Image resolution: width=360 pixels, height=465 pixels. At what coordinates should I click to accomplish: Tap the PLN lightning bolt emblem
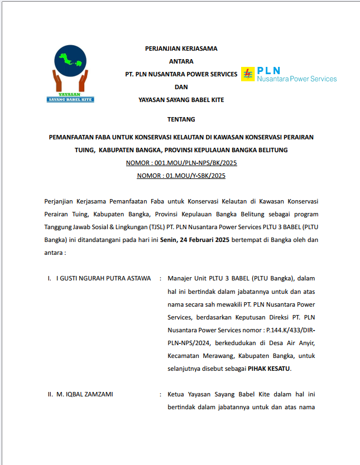pos(247,74)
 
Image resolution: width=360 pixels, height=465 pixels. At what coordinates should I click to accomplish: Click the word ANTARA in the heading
pos(181,61)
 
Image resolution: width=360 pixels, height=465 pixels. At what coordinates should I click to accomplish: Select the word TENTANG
pos(181,119)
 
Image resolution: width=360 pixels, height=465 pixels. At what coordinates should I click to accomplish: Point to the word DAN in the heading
pos(181,87)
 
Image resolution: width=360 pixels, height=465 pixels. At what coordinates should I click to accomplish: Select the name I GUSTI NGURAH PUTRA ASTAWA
pos(104,278)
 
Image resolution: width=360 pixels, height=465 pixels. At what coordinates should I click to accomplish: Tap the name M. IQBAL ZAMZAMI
pos(85,394)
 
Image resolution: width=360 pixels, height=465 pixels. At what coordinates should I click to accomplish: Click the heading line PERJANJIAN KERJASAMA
pos(181,49)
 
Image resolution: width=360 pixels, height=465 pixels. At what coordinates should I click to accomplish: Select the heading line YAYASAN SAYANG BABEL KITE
pos(181,100)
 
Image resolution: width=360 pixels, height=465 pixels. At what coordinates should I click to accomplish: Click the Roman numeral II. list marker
pos(50,394)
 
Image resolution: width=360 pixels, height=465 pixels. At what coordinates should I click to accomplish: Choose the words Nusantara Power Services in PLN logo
pos(296,79)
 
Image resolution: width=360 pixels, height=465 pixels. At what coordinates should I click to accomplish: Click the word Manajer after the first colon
pos(180,278)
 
